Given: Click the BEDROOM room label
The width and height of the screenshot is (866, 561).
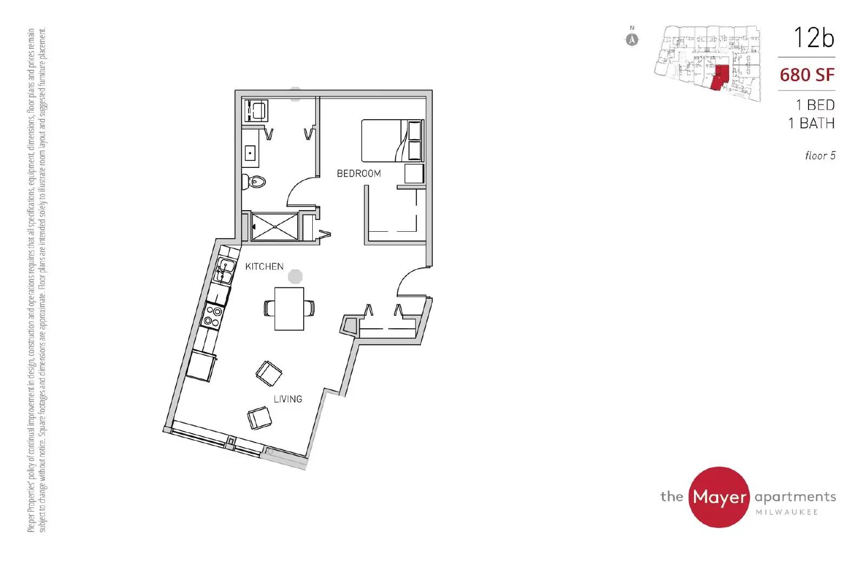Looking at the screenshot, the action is [x=359, y=173].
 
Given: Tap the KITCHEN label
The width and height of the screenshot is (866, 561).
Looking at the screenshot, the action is [x=265, y=266].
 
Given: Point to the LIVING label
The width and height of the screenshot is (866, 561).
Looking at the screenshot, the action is [x=288, y=399].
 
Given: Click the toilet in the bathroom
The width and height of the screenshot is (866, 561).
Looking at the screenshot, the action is [x=254, y=181].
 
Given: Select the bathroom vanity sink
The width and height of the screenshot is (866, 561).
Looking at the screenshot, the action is [x=250, y=153].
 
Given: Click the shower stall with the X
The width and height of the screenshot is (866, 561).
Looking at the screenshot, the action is [x=274, y=226].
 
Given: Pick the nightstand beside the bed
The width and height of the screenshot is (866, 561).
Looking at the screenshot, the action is [x=414, y=174].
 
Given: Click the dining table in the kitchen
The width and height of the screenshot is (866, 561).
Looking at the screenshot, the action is [x=289, y=309].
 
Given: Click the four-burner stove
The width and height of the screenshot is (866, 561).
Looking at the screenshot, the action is [x=213, y=315].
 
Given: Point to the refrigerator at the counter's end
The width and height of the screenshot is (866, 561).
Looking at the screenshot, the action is [x=200, y=366].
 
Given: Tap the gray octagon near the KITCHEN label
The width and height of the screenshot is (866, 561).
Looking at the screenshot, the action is [x=295, y=277].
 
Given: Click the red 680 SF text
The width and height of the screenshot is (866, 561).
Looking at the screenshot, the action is [x=807, y=75].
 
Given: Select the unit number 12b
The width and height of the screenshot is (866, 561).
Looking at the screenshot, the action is [x=814, y=37].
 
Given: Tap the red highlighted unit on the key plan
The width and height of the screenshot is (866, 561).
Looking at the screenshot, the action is [x=720, y=77].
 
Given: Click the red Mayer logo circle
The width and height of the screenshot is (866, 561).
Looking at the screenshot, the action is [x=719, y=497].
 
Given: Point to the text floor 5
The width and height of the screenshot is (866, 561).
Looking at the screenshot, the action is [x=821, y=155].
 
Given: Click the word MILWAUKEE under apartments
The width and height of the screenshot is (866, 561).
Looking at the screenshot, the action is [x=787, y=512].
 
